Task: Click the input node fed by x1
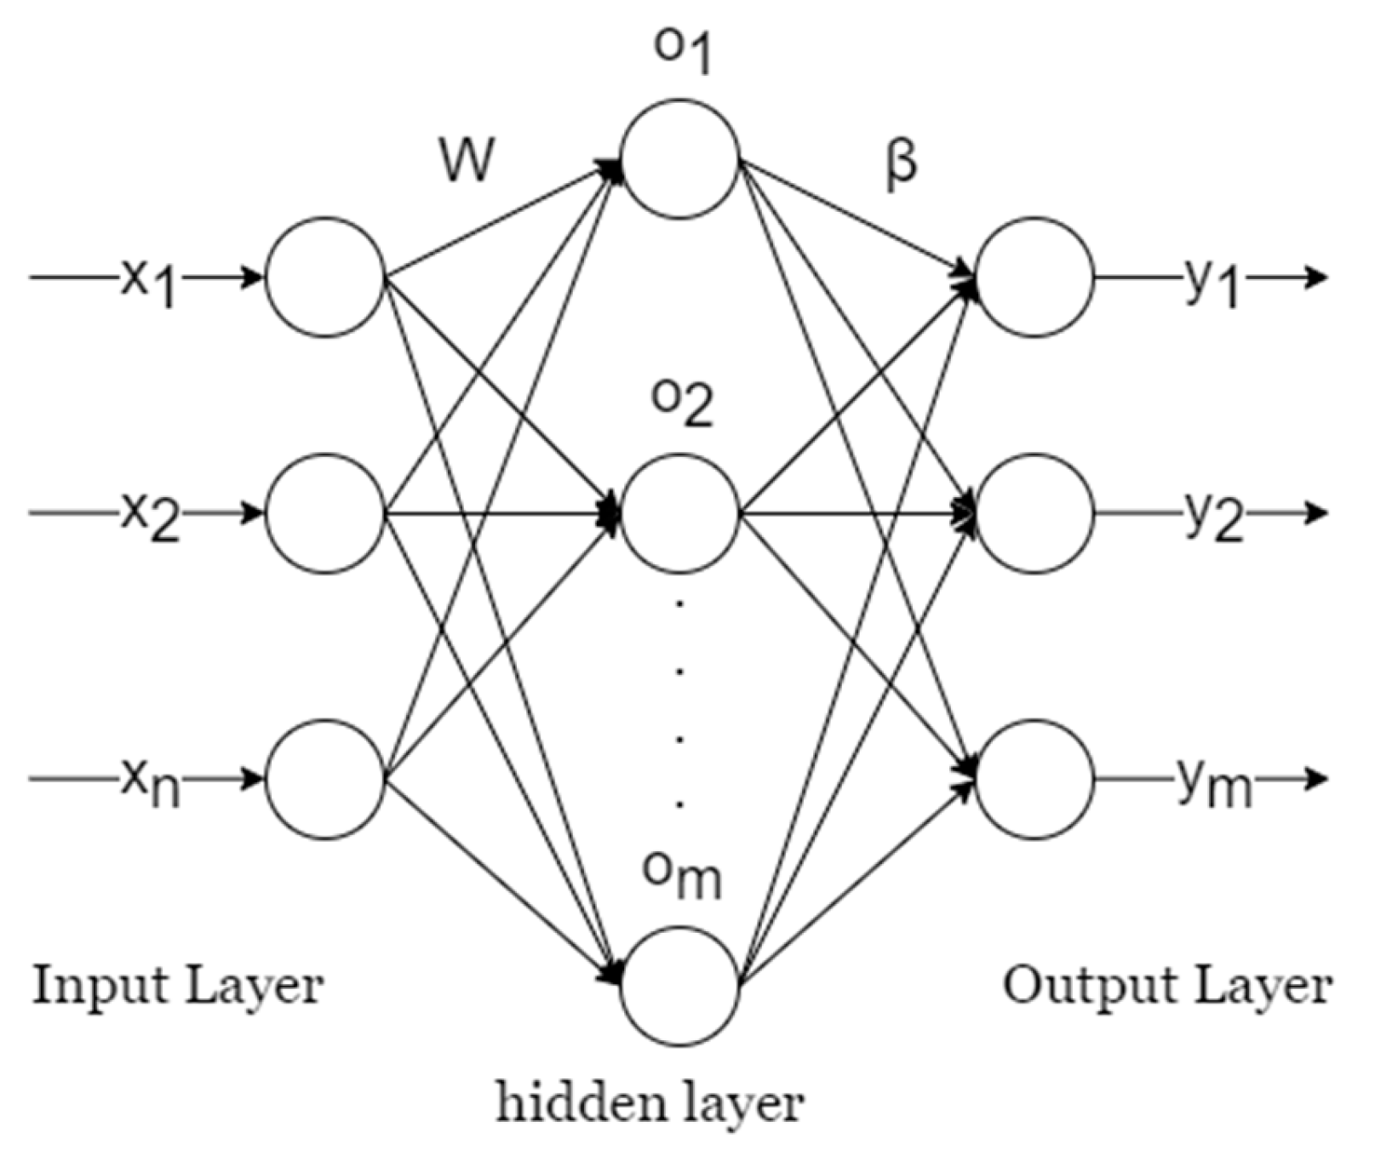pyautogui.click(x=324, y=277)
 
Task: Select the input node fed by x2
pyautogui.click(x=324, y=514)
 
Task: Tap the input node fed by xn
pyautogui.click(x=324, y=780)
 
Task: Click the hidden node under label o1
pyautogui.click(x=679, y=159)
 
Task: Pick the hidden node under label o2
pyautogui.click(x=679, y=514)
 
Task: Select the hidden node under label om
pyautogui.click(x=679, y=986)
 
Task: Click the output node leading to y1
pyautogui.click(x=1034, y=277)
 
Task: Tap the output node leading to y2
pyautogui.click(x=1034, y=514)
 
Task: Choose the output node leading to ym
pyautogui.click(x=1034, y=780)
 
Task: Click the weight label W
pyautogui.click(x=467, y=160)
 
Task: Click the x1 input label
pyautogui.click(x=147, y=283)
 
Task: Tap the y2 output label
pyautogui.click(x=1212, y=518)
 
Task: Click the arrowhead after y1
pyautogui.click(x=1316, y=277)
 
